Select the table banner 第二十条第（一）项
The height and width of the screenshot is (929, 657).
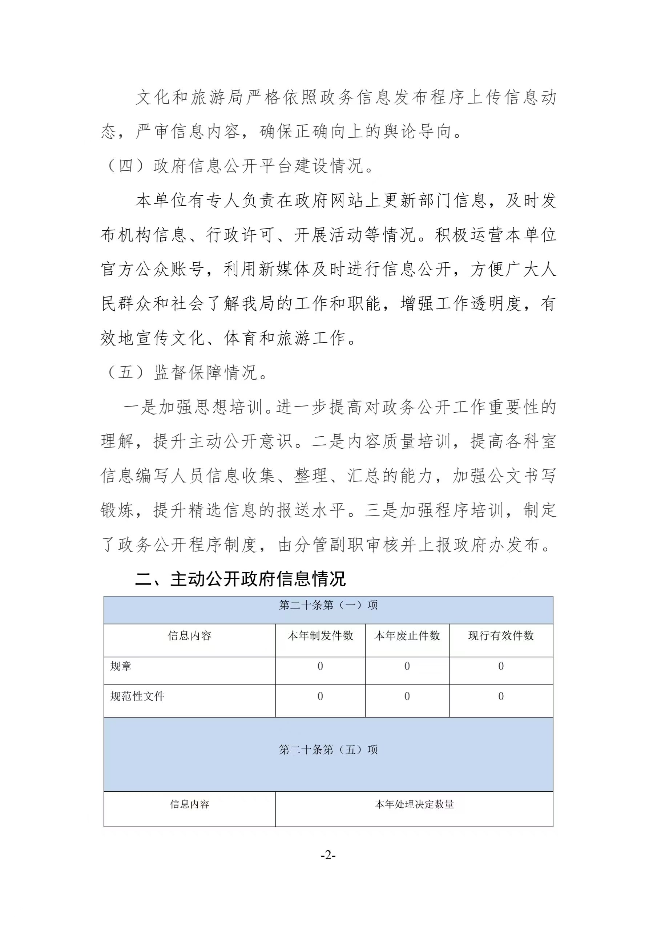[x=328, y=605]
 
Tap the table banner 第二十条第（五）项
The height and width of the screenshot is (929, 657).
[x=328, y=750]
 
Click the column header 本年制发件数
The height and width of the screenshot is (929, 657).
[x=320, y=636]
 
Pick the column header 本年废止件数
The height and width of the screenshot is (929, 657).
[x=407, y=636]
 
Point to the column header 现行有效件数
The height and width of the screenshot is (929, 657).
[x=501, y=636]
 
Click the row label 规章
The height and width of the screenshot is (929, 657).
[x=121, y=666]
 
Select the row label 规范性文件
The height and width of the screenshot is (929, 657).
[x=137, y=696]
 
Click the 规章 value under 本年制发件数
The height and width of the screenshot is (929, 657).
[x=320, y=666]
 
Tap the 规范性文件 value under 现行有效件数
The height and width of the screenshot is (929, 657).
[x=501, y=696]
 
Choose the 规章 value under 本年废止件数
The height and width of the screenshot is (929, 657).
[x=407, y=666]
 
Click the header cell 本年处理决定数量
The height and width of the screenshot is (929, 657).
[x=414, y=804]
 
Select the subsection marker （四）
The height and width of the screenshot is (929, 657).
[x=125, y=166]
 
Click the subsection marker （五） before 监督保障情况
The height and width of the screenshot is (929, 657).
[x=125, y=373]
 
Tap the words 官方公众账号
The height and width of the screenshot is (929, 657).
[x=152, y=270]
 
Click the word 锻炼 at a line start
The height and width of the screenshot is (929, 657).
[x=117, y=510]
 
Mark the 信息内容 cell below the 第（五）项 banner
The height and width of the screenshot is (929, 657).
[x=189, y=804]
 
